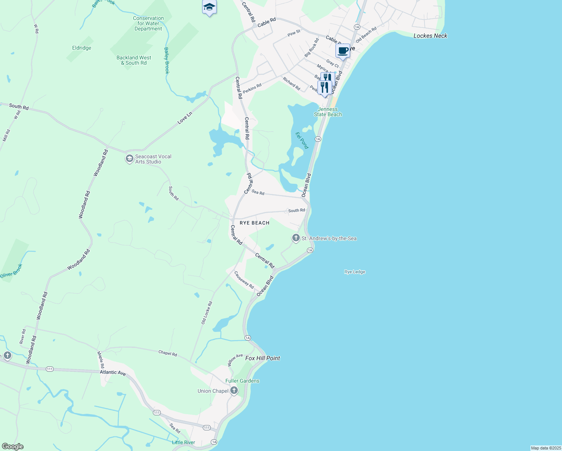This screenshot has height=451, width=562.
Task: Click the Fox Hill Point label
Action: pyautogui.click(x=263, y=358)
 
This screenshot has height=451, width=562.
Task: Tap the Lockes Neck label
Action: pyautogui.click(x=430, y=36)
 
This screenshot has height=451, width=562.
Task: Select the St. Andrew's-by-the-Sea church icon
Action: pyautogui.click(x=296, y=238)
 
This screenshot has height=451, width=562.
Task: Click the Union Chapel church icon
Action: pyautogui.click(x=234, y=391)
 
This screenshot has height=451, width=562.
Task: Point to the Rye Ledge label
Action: pyautogui.click(x=355, y=272)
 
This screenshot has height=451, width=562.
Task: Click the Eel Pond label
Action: pyautogui.click(x=302, y=140)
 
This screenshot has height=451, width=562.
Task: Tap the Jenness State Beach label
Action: pyautogui.click(x=328, y=112)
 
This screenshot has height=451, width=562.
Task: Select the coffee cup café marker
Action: pyautogui.click(x=343, y=51)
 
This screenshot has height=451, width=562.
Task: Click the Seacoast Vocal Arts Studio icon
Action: pyautogui.click(x=129, y=159)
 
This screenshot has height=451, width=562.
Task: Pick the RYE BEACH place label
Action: pyautogui.click(x=255, y=223)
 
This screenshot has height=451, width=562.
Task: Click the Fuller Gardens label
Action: pyautogui.click(x=242, y=381)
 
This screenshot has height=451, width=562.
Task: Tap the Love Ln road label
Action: pyautogui.click(x=185, y=118)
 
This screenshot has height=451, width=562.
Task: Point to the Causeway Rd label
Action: pyautogui.click(x=244, y=280)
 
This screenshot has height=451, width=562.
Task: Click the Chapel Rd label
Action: pyautogui.click(x=168, y=353)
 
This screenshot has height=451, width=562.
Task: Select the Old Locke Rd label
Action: pyautogui.click(x=207, y=313)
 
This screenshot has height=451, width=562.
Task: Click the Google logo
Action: pyautogui.click(x=12, y=446)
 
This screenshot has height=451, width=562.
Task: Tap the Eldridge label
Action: pyautogui.click(x=82, y=48)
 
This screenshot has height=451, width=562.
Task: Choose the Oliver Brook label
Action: pyautogui.click(x=11, y=271)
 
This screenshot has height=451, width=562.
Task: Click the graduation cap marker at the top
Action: pyautogui.click(x=209, y=7)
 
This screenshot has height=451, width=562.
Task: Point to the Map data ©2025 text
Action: pyautogui.click(x=545, y=448)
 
